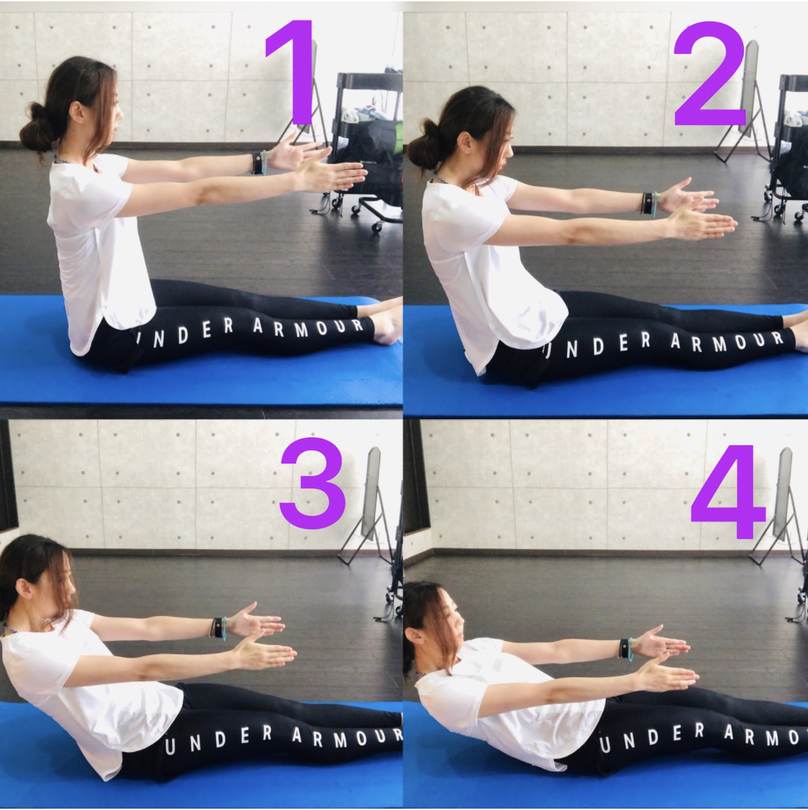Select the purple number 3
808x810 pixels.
click(x=312, y=484)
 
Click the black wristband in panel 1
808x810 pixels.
click(x=257, y=163)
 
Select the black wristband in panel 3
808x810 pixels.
click(x=218, y=627)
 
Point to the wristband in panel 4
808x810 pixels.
click(x=624, y=648)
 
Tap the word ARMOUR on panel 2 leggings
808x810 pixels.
click(x=727, y=342)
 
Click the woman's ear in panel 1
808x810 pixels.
click(x=77, y=111)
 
